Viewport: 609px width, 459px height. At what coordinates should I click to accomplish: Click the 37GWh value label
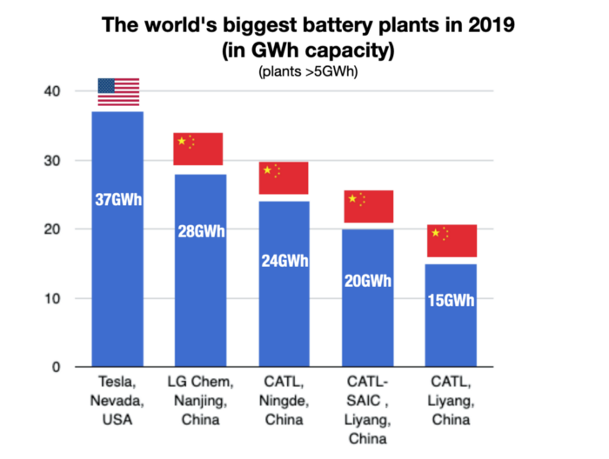117,200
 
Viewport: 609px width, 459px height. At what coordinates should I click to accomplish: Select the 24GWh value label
284,259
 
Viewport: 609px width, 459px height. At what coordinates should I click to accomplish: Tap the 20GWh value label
367,281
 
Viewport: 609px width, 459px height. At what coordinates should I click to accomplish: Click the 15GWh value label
452,301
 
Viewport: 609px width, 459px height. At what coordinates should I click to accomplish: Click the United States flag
117,92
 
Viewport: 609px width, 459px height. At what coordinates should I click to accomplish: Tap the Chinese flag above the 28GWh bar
198,149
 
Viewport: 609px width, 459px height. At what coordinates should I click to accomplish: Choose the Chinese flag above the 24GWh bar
284,177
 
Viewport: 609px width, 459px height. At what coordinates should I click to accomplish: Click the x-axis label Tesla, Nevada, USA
117,402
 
